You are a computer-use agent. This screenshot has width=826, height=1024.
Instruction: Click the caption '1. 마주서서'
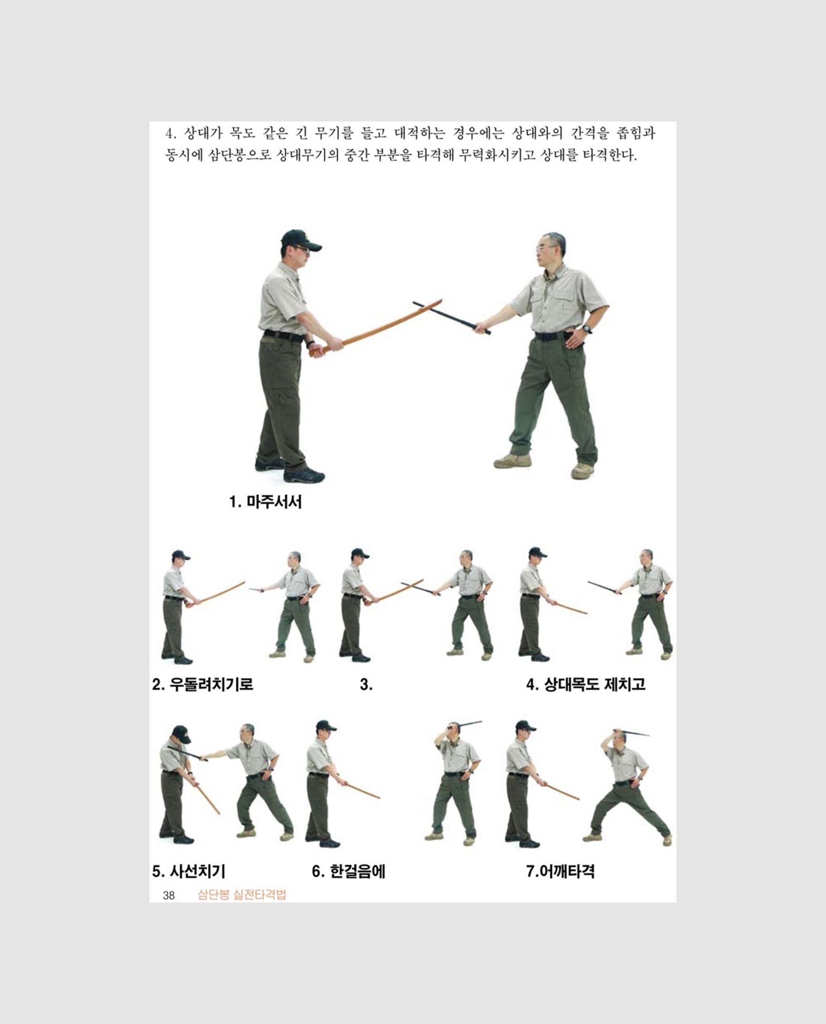pyautogui.click(x=266, y=501)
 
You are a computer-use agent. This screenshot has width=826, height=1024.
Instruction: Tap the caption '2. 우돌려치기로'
pyautogui.click(x=203, y=684)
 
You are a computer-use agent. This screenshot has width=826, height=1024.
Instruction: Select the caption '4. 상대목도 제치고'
pyautogui.click(x=586, y=684)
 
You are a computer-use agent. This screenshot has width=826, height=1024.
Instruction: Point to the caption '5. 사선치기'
pyautogui.click(x=189, y=871)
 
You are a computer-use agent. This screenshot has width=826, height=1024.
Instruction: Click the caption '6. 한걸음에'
pyautogui.click(x=348, y=871)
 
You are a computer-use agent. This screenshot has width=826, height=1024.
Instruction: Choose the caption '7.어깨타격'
pyautogui.click(x=560, y=871)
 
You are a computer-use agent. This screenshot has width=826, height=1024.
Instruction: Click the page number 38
pyautogui.click(x=169, y=896)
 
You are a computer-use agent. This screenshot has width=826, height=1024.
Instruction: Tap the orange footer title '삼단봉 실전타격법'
pyautogui.click(x=242, y=895)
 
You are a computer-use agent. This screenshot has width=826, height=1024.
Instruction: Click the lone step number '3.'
pyautogui.click(x=366, y=684)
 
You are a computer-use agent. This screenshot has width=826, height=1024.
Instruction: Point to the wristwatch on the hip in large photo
pyautogui.click(x=587, y=328)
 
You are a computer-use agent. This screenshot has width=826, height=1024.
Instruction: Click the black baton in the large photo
pyautogui.click(x=451, y=318)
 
